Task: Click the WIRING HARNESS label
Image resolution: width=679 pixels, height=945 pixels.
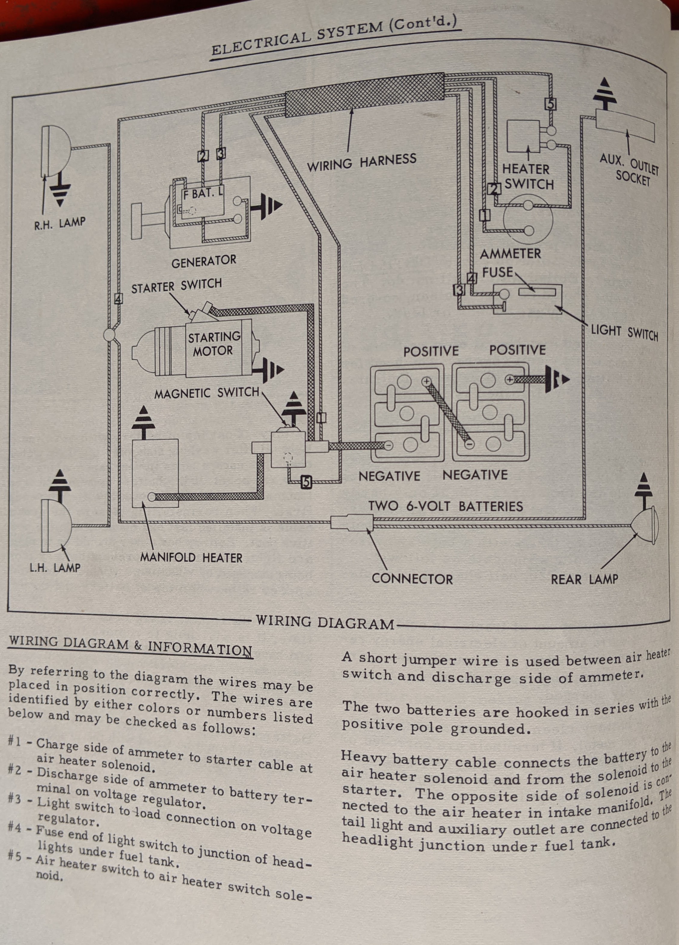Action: click(361, 162)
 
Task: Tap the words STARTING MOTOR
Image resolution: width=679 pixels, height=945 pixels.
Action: click(213, 344)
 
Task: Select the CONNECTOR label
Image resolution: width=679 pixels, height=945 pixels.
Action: click(412, 579)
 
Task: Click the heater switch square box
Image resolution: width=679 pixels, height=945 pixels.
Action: click(523, 136)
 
